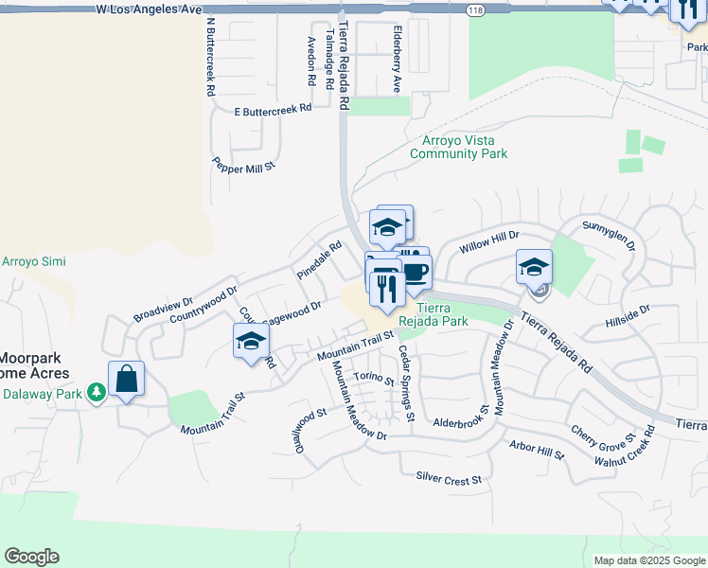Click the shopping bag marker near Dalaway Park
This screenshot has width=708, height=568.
(126, 380)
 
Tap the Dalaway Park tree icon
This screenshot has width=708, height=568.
(96, 391)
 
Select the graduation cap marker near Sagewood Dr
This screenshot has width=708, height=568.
(251, 342)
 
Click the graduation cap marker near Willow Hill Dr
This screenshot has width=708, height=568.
(534, 267)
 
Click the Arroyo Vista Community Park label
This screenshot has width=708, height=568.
(459, 147)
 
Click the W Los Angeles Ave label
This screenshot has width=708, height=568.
(150, 9)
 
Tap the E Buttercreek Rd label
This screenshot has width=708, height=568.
(274, 111)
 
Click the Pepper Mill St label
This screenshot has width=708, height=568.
(243, 164)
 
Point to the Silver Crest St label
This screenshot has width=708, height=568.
(449, 480)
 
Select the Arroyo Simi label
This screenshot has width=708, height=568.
(27, 261)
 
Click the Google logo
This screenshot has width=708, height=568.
(31, 557)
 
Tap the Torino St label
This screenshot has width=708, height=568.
(373, 377)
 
